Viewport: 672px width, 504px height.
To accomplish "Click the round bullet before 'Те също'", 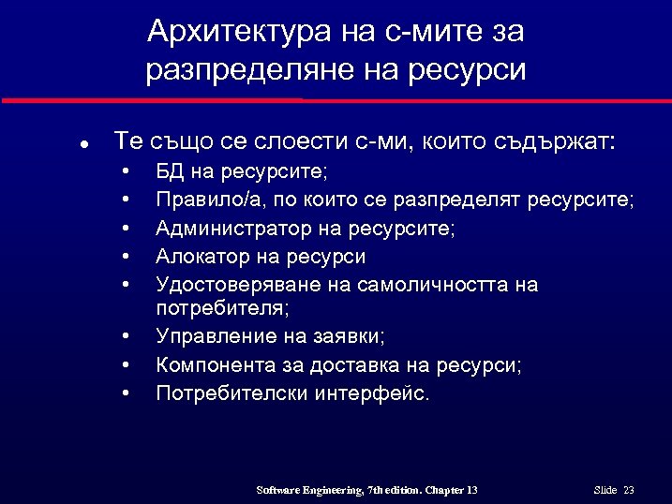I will click(83, 145).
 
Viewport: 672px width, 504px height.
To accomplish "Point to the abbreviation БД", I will click(172, 172).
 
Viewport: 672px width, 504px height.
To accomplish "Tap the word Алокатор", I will click(200, 256).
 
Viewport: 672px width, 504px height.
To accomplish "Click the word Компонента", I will click(212, 364).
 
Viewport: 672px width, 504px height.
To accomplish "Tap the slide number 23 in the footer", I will click(629, 490).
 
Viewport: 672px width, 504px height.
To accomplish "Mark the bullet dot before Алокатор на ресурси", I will click(125, 257).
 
